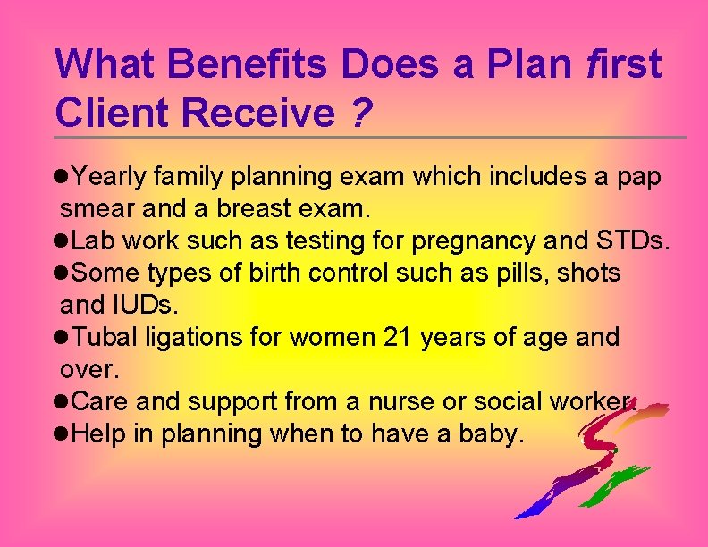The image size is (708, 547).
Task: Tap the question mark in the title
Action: point(360,113)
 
